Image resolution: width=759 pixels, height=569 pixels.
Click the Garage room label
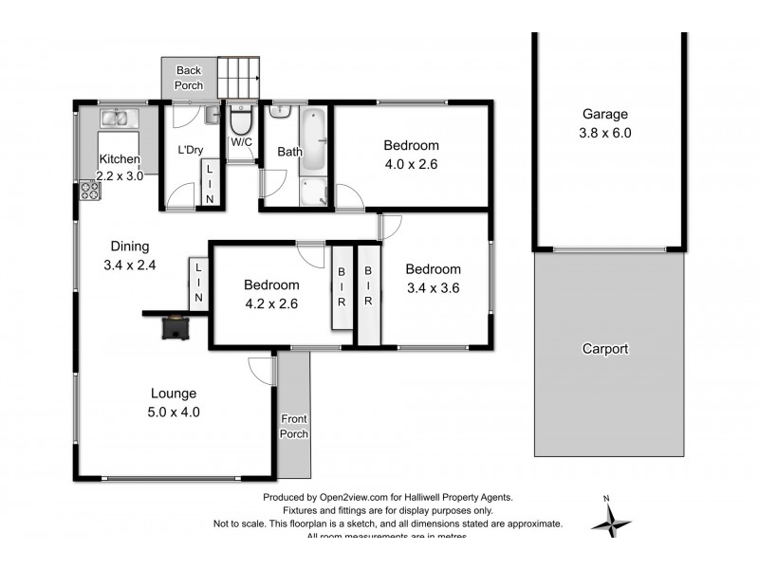click(605, 115)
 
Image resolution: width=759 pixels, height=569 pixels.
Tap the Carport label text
click(605, 349)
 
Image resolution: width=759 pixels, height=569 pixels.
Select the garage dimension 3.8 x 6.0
click(605, 134)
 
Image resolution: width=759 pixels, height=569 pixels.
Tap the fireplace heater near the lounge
click(175, 326)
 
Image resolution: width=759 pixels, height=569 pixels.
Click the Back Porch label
click(189, 78)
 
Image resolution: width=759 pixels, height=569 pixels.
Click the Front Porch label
click(294, 427)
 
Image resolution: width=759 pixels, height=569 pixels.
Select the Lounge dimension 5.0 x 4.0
click(173, 412)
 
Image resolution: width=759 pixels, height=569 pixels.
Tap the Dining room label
click(129, 247)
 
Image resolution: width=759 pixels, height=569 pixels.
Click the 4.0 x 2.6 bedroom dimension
click(411, 164)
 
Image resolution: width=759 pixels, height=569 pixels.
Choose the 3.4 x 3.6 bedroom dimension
click(433, 288)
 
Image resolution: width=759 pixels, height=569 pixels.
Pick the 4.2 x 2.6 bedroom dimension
click(270, 303)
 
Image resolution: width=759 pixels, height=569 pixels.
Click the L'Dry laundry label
click(191, 150)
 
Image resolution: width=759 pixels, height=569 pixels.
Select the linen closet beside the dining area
click(198, 283)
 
